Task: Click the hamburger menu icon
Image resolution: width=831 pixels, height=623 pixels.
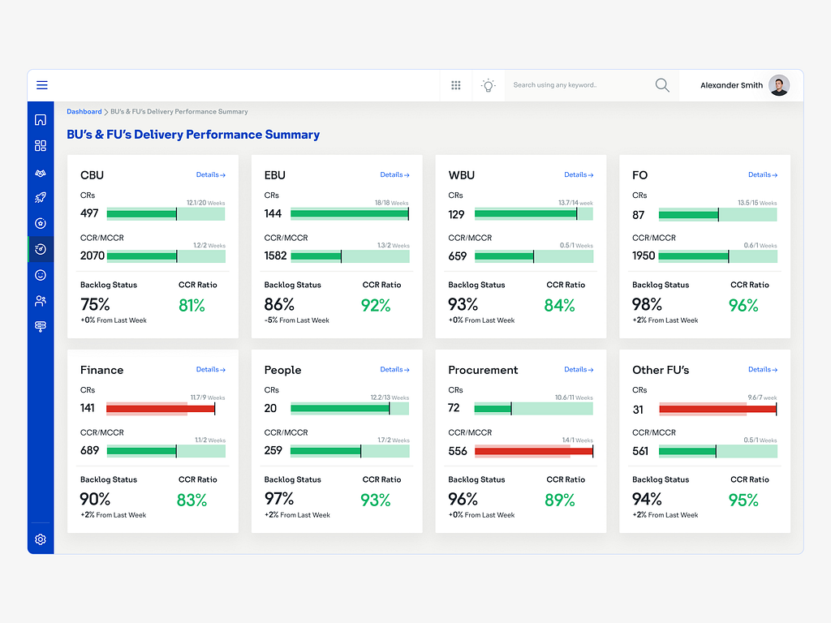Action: (42, 85)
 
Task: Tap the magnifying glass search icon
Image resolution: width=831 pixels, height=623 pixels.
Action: (662, 85)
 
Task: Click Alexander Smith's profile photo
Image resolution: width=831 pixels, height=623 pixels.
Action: (779, 85)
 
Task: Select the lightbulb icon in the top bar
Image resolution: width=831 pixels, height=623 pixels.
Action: (488, 85)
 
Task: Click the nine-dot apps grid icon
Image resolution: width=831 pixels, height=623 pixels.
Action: (456, 85)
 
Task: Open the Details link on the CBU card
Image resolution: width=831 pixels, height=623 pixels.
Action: (210, 174)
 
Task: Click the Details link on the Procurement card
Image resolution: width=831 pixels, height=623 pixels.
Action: (579, 369)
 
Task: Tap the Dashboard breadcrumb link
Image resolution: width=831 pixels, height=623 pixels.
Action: (84, 111)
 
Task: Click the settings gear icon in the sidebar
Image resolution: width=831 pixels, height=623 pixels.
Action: (41, 539)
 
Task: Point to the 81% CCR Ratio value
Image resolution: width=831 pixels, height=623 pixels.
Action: (192, 305)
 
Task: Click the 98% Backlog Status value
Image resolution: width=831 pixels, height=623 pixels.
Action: (647, 304)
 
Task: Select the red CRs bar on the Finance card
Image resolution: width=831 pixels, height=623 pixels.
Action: (160, 409)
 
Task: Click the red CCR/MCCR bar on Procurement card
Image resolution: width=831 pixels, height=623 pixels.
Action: (533, 451)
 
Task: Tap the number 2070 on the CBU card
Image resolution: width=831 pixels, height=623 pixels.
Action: (92, 256)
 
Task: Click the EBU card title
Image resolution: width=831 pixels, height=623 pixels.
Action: (274, 174)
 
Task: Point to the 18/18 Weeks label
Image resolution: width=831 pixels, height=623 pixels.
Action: (391, 203)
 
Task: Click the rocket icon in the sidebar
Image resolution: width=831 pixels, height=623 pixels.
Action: (41, 197)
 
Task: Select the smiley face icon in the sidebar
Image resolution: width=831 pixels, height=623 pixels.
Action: (41, 275)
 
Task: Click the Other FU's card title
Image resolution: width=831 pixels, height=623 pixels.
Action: (661, 370)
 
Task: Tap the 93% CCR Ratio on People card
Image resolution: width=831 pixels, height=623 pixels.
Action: (376, 500)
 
